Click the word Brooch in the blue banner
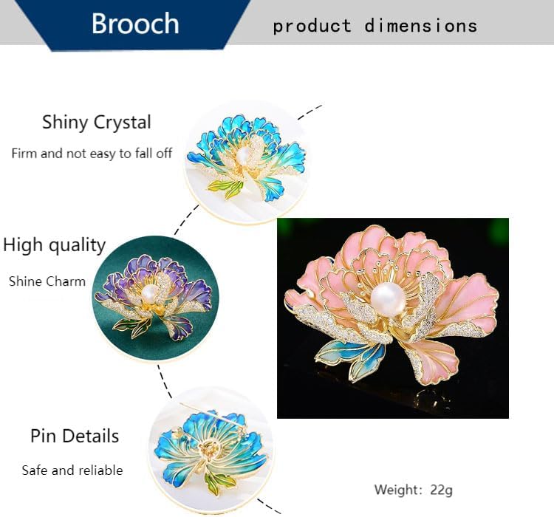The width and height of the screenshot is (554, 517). pyautogui.click(x=135, y=24)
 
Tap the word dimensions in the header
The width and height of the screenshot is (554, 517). pyautogui.click(x=421, y=26)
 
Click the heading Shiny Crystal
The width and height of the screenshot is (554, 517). pyautogui.click(x=97, y=123)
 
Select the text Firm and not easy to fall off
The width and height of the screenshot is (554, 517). pyautogui.click(x=92, y=154)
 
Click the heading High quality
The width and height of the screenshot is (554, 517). pyautogui.click(x=55, y=245)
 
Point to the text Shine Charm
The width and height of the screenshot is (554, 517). pyautogui.click(x=47, y=281)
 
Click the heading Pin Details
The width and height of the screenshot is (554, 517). pyautogui.click(x=75, y=436)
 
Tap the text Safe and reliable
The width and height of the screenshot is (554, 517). pyautogui.click(x=72, y=470)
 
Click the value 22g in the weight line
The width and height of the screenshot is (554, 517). pyautogui.click(x=441, y=490)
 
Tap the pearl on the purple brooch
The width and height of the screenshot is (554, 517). pyautogui.click(x=148, y=293)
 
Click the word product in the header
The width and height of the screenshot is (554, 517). pyautogui.click(x=312, y=27)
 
